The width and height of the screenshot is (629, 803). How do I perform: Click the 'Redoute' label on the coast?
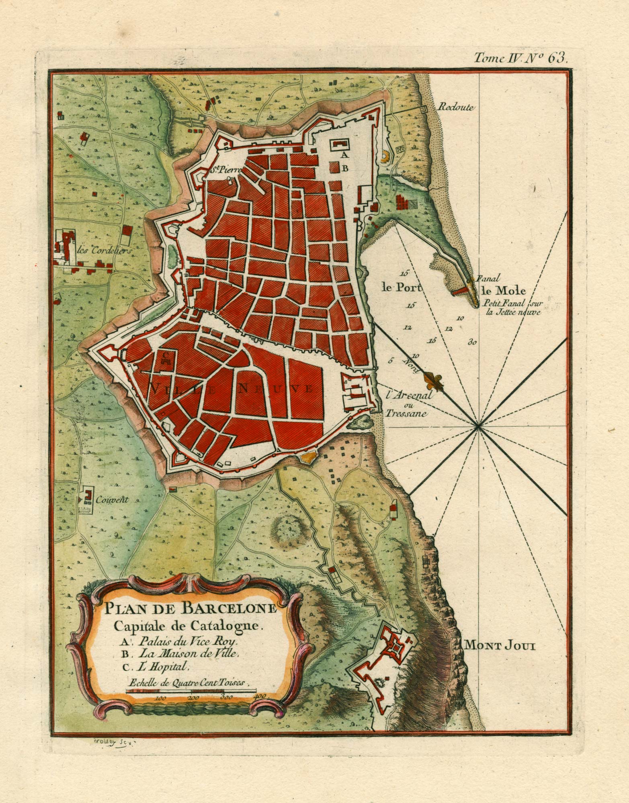point(457,107)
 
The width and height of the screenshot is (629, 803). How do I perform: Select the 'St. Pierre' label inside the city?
point(225,170)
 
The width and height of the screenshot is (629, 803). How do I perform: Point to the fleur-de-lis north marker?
point(432,379)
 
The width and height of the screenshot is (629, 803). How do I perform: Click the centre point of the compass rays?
point(478,426)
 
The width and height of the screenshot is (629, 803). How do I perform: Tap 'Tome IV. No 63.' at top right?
point(520,59)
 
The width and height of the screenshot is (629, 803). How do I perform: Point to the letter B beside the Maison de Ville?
point(344,169)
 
